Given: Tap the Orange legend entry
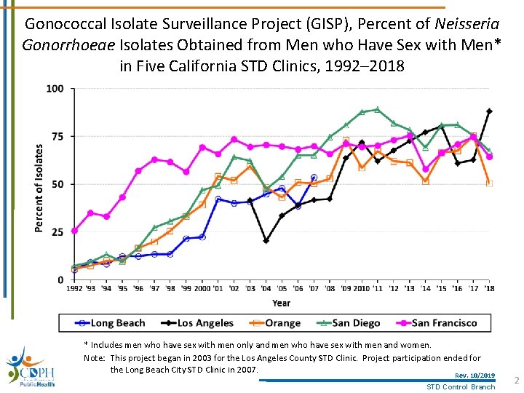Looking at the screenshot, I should (x=274, y=322).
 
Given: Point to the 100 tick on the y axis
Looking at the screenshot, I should (x=55, y=89).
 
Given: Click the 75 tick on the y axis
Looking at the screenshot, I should (x=57, y=136).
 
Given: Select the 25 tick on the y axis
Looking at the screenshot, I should (x=57, y=232).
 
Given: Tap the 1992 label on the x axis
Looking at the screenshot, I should (x=74, y=288).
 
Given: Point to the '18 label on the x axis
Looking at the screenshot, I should (x=489, y=288).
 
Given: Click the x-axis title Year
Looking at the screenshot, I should (x=281, y=303).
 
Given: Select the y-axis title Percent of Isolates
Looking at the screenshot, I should (x=39, y=188).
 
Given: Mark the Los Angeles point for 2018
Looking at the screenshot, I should (x=489, y=111).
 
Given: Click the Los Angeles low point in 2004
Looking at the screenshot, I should (x=266, y=240).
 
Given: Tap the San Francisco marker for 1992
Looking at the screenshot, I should (x=74, y=231).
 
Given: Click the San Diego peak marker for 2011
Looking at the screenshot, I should (x=377, y=110).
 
